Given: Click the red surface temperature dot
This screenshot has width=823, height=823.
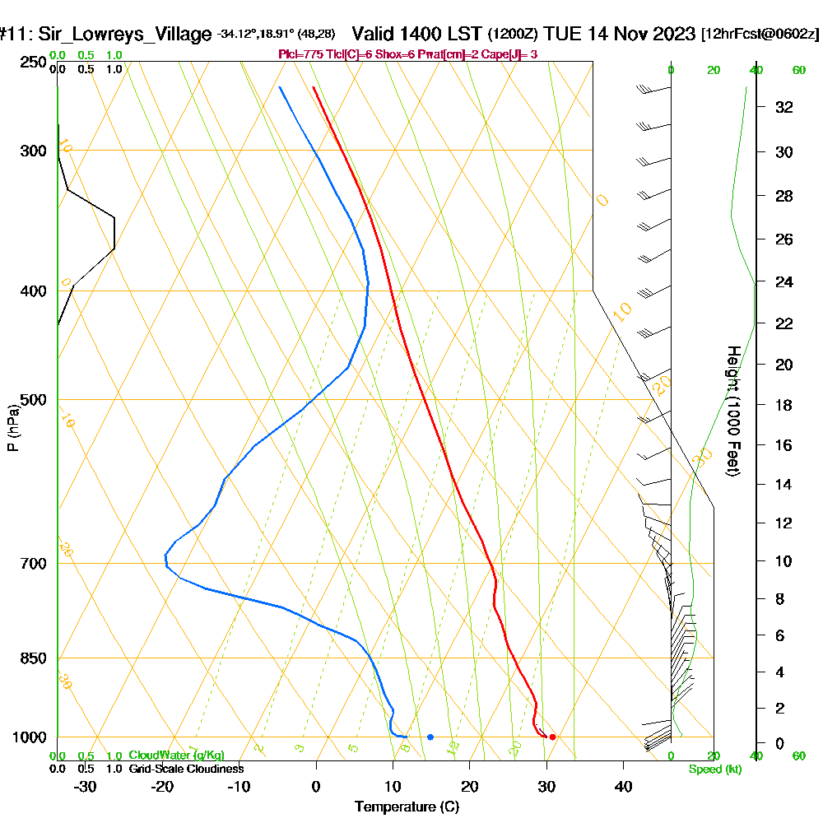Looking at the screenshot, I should (552, 737).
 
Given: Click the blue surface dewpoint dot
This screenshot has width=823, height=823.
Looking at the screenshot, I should (430, 737).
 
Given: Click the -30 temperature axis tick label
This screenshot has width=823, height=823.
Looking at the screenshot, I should (86, 787).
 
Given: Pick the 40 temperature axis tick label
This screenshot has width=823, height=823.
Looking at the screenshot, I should (623, 787).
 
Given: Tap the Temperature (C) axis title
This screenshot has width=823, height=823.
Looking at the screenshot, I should (407, 807).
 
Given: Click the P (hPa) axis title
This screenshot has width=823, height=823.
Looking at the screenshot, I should (12, 427).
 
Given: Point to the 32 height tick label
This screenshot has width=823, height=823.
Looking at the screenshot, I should (783, 107).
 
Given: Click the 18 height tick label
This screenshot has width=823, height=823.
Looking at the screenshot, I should (783, 405).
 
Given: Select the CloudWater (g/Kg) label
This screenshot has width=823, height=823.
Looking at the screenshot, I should (176, 755).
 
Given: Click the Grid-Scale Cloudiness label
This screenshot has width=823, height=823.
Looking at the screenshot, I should (185, 769).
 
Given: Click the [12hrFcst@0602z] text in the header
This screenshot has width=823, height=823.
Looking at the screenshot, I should (760, 35).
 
